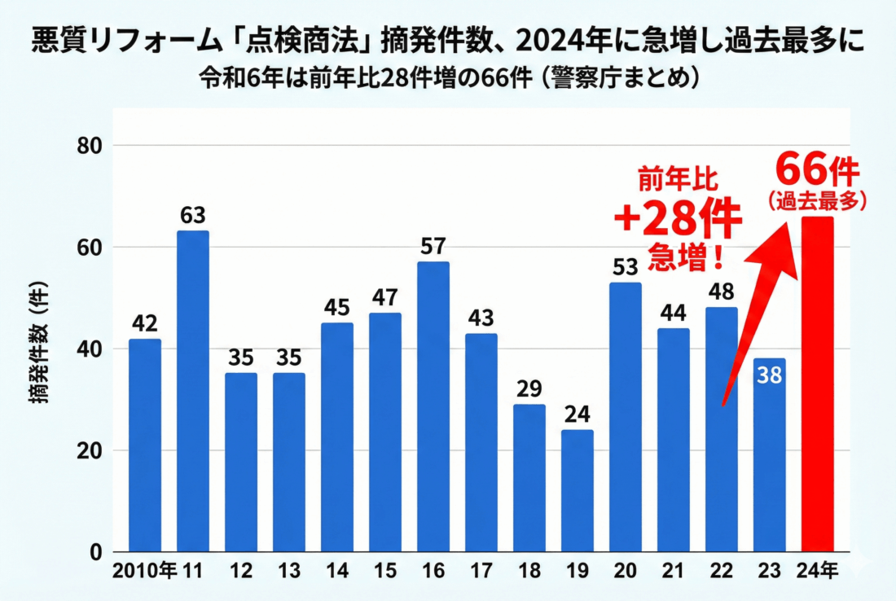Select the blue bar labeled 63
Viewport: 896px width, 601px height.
(x=193, y=391)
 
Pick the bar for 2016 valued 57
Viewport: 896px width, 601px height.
(x=433, y=406)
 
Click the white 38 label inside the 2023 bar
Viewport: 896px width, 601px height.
(x=769, y=377)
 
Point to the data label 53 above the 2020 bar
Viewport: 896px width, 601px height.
(x=625, y=266)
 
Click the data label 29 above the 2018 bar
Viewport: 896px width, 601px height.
(x=529, y=388)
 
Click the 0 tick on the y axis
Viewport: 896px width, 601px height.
(x=94, y=552)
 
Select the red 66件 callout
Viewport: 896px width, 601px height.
(x=817, y=169)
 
